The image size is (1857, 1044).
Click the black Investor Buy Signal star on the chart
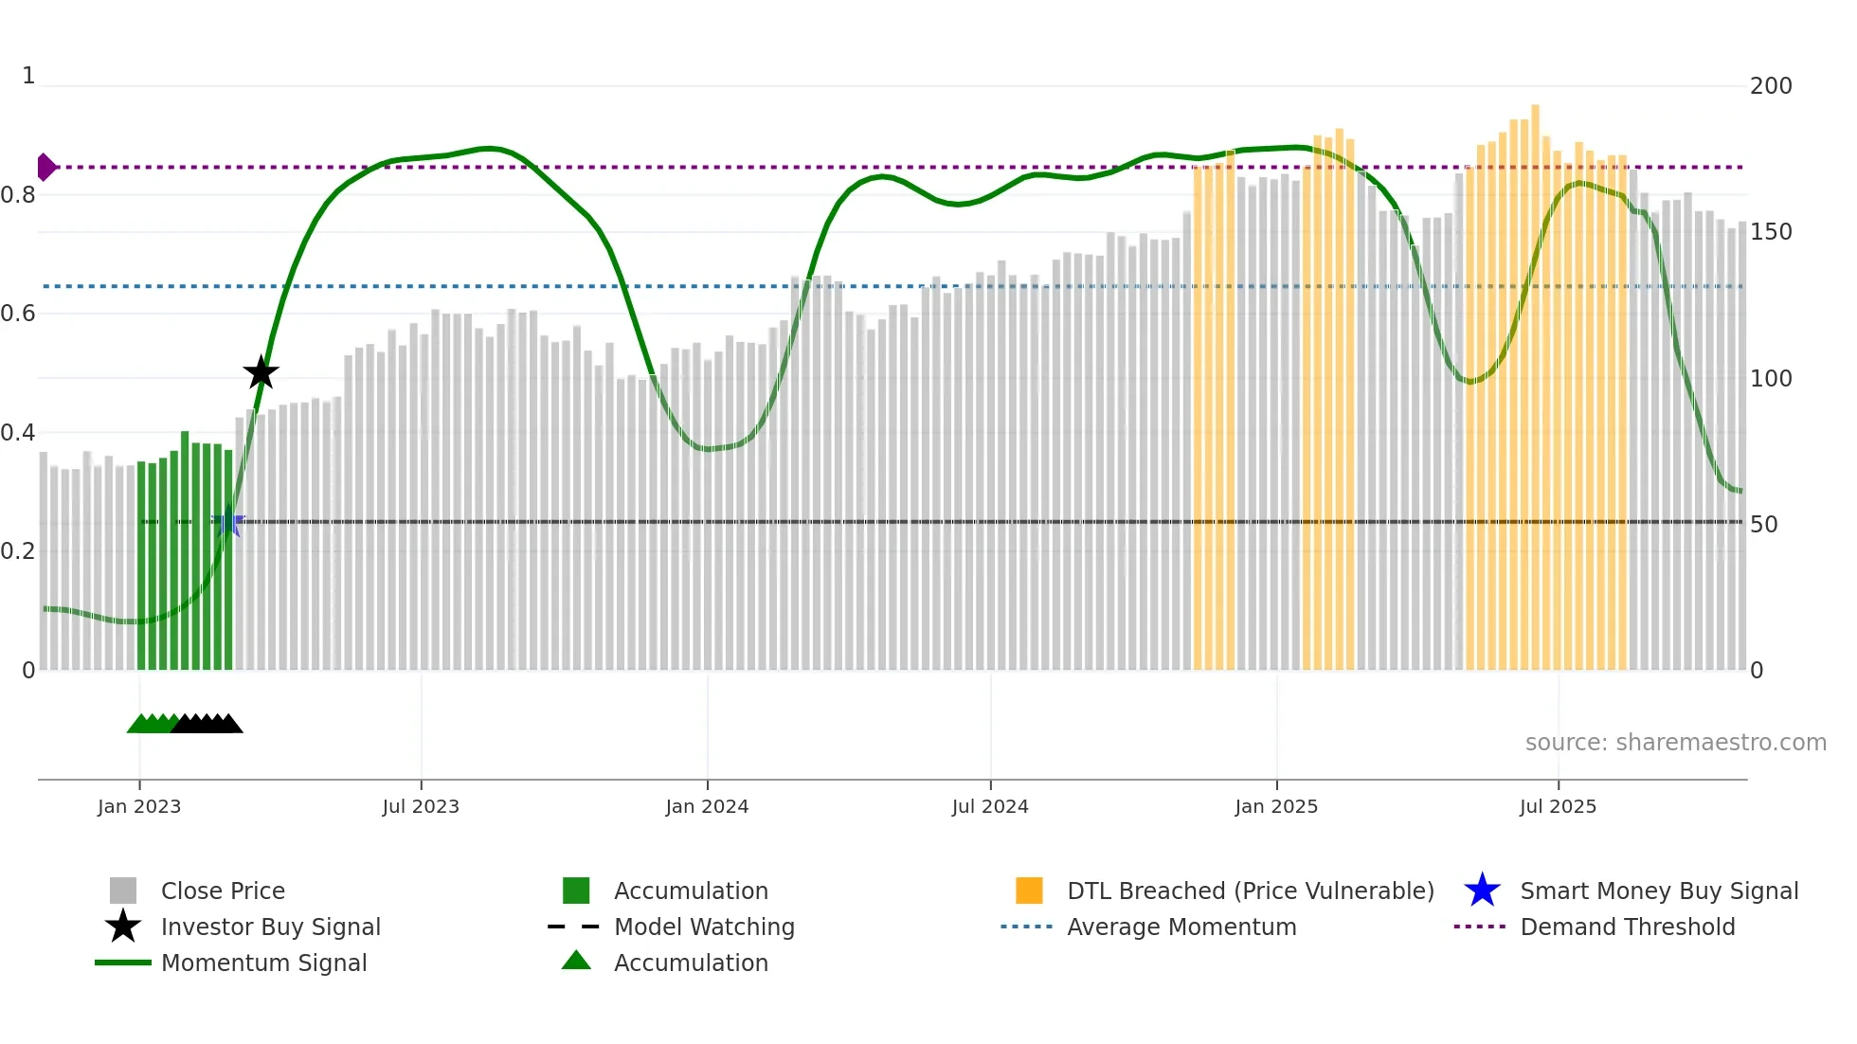261,372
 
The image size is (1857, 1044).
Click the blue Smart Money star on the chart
228,522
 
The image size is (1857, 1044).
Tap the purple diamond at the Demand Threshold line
45,167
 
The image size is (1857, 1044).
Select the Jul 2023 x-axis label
421,806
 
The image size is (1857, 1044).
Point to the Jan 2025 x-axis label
1276,806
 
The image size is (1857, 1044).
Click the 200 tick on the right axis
1771,86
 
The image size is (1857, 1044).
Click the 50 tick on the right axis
1764,524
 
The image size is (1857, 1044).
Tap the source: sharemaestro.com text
1675,743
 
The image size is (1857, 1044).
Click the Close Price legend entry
223,891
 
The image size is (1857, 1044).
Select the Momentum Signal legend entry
263,963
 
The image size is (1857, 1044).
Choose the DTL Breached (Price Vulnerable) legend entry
1250,891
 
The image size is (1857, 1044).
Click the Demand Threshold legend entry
1627,927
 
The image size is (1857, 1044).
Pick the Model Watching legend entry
704,927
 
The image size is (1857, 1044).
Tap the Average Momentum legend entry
1181,927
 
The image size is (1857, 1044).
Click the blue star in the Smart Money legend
1482,891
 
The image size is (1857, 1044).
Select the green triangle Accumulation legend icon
576,961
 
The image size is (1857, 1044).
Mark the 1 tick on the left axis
28,76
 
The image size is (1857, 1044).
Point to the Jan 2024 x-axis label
707,806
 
